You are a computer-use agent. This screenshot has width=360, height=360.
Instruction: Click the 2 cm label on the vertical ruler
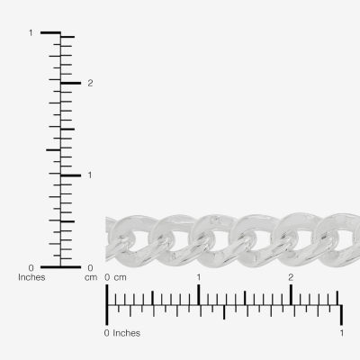(x=90, y=83)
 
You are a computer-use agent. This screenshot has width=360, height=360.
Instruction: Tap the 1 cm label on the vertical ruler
(x=90, y=175)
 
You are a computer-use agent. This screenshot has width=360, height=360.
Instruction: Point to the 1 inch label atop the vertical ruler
(x=31, y=32)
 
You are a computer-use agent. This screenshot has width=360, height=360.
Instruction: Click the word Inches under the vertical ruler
(x=31, y=277)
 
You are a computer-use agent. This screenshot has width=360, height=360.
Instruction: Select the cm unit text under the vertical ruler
(x=91, y=278)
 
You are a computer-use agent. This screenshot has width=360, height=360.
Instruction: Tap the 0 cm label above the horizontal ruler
(x=115, y=277)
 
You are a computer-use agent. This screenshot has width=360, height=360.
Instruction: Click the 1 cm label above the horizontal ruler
(x=199, y=277)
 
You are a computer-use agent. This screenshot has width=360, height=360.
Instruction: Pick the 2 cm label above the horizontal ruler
(x=291, y=277)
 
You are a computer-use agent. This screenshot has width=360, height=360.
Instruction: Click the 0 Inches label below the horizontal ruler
(x=122, y=333)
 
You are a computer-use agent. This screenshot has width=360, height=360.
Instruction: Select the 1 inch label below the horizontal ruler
(x=342, y=333)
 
